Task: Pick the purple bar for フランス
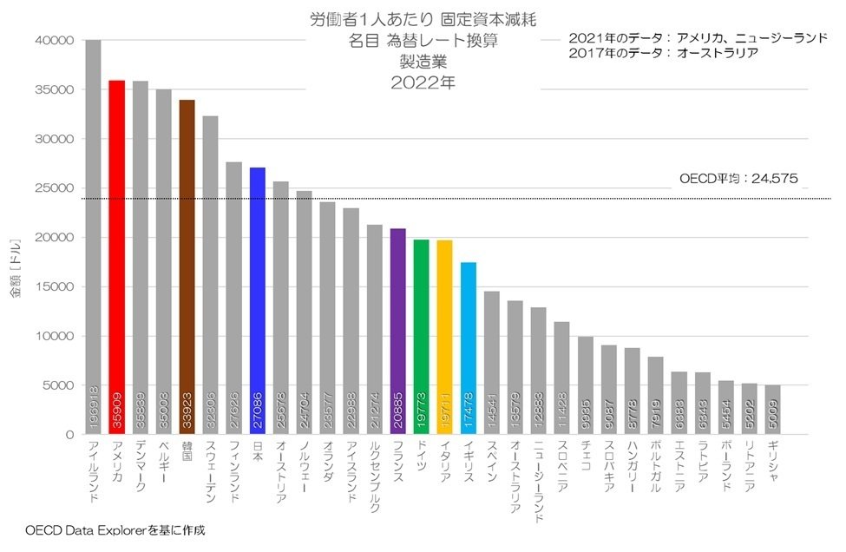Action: pyautogui.click(x=398, y=331)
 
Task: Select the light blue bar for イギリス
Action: pyautogui.click(x=469, y=347)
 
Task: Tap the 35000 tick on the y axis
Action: pyautogui.click(x=55, y=89)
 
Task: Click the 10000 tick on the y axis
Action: pyautogui.click(x=55, y=336)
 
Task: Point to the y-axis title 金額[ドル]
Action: pyautogui.click(x=15, y=266)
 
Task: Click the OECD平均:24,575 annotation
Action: pyautogui.click(x=738, y=180)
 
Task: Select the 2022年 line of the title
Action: pyautogui.click(x=423, y=83)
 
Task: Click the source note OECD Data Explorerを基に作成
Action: pyautogui.click(x=115, y=529)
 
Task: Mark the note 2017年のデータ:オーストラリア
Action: pyautogui.click(x=664, y=53)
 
